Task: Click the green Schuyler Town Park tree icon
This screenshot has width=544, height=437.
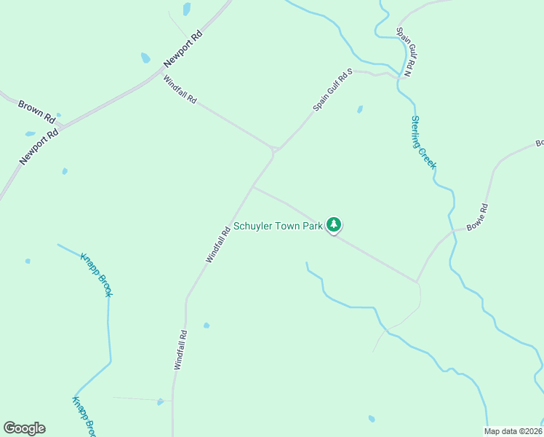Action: click(x=334, y=225)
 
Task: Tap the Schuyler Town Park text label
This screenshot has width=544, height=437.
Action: click(x=277, y=227)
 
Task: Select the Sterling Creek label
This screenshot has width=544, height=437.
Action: click(x=423, y=143)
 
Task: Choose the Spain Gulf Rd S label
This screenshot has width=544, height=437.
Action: click(x=332, y=90)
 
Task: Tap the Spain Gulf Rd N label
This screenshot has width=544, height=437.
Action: click(x=404, y=52)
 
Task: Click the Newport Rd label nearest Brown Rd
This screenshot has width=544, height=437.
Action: click(x=39, y=146)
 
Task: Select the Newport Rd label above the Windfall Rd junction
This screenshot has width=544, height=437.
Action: click(x=183, y=48)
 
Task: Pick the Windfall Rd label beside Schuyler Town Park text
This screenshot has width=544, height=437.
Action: click(x=218, y=244)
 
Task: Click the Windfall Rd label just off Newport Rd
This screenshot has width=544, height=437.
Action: click(x=180, y=90)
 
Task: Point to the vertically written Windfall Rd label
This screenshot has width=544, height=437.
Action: click(x=180, y=350)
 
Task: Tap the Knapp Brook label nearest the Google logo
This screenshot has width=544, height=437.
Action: click(x=84, y=415)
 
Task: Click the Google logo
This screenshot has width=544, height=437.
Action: click(x=24, y=428)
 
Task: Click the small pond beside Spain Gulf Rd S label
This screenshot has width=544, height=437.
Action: click(x=359, y=110)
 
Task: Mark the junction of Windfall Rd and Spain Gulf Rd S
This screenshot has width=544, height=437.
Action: click(x=274, y=150)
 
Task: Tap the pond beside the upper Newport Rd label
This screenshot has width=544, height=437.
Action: click(x=145, y=58)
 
